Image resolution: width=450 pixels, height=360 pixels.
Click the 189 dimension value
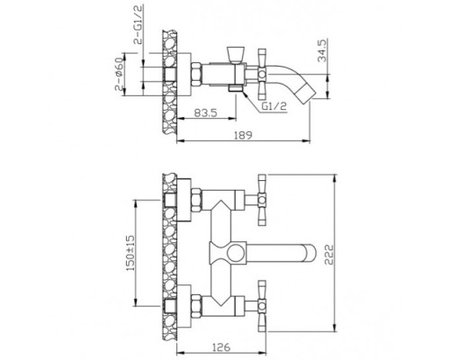tap(244, 135)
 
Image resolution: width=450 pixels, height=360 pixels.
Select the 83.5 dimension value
tap(205, 113)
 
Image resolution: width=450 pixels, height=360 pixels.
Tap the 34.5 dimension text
tap(322, 50)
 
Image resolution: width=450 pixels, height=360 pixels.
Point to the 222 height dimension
tap(328, 255)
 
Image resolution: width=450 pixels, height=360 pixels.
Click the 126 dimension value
tap(221, 347)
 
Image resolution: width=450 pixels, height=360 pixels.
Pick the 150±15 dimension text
tap(130, 253)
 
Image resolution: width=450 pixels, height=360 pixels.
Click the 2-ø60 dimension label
tap(119, 74)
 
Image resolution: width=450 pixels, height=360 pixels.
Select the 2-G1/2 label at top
tap(139, 25)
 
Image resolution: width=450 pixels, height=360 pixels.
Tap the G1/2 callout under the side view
tap(274, 106)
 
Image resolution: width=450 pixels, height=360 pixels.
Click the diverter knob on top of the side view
tap(235, 55)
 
